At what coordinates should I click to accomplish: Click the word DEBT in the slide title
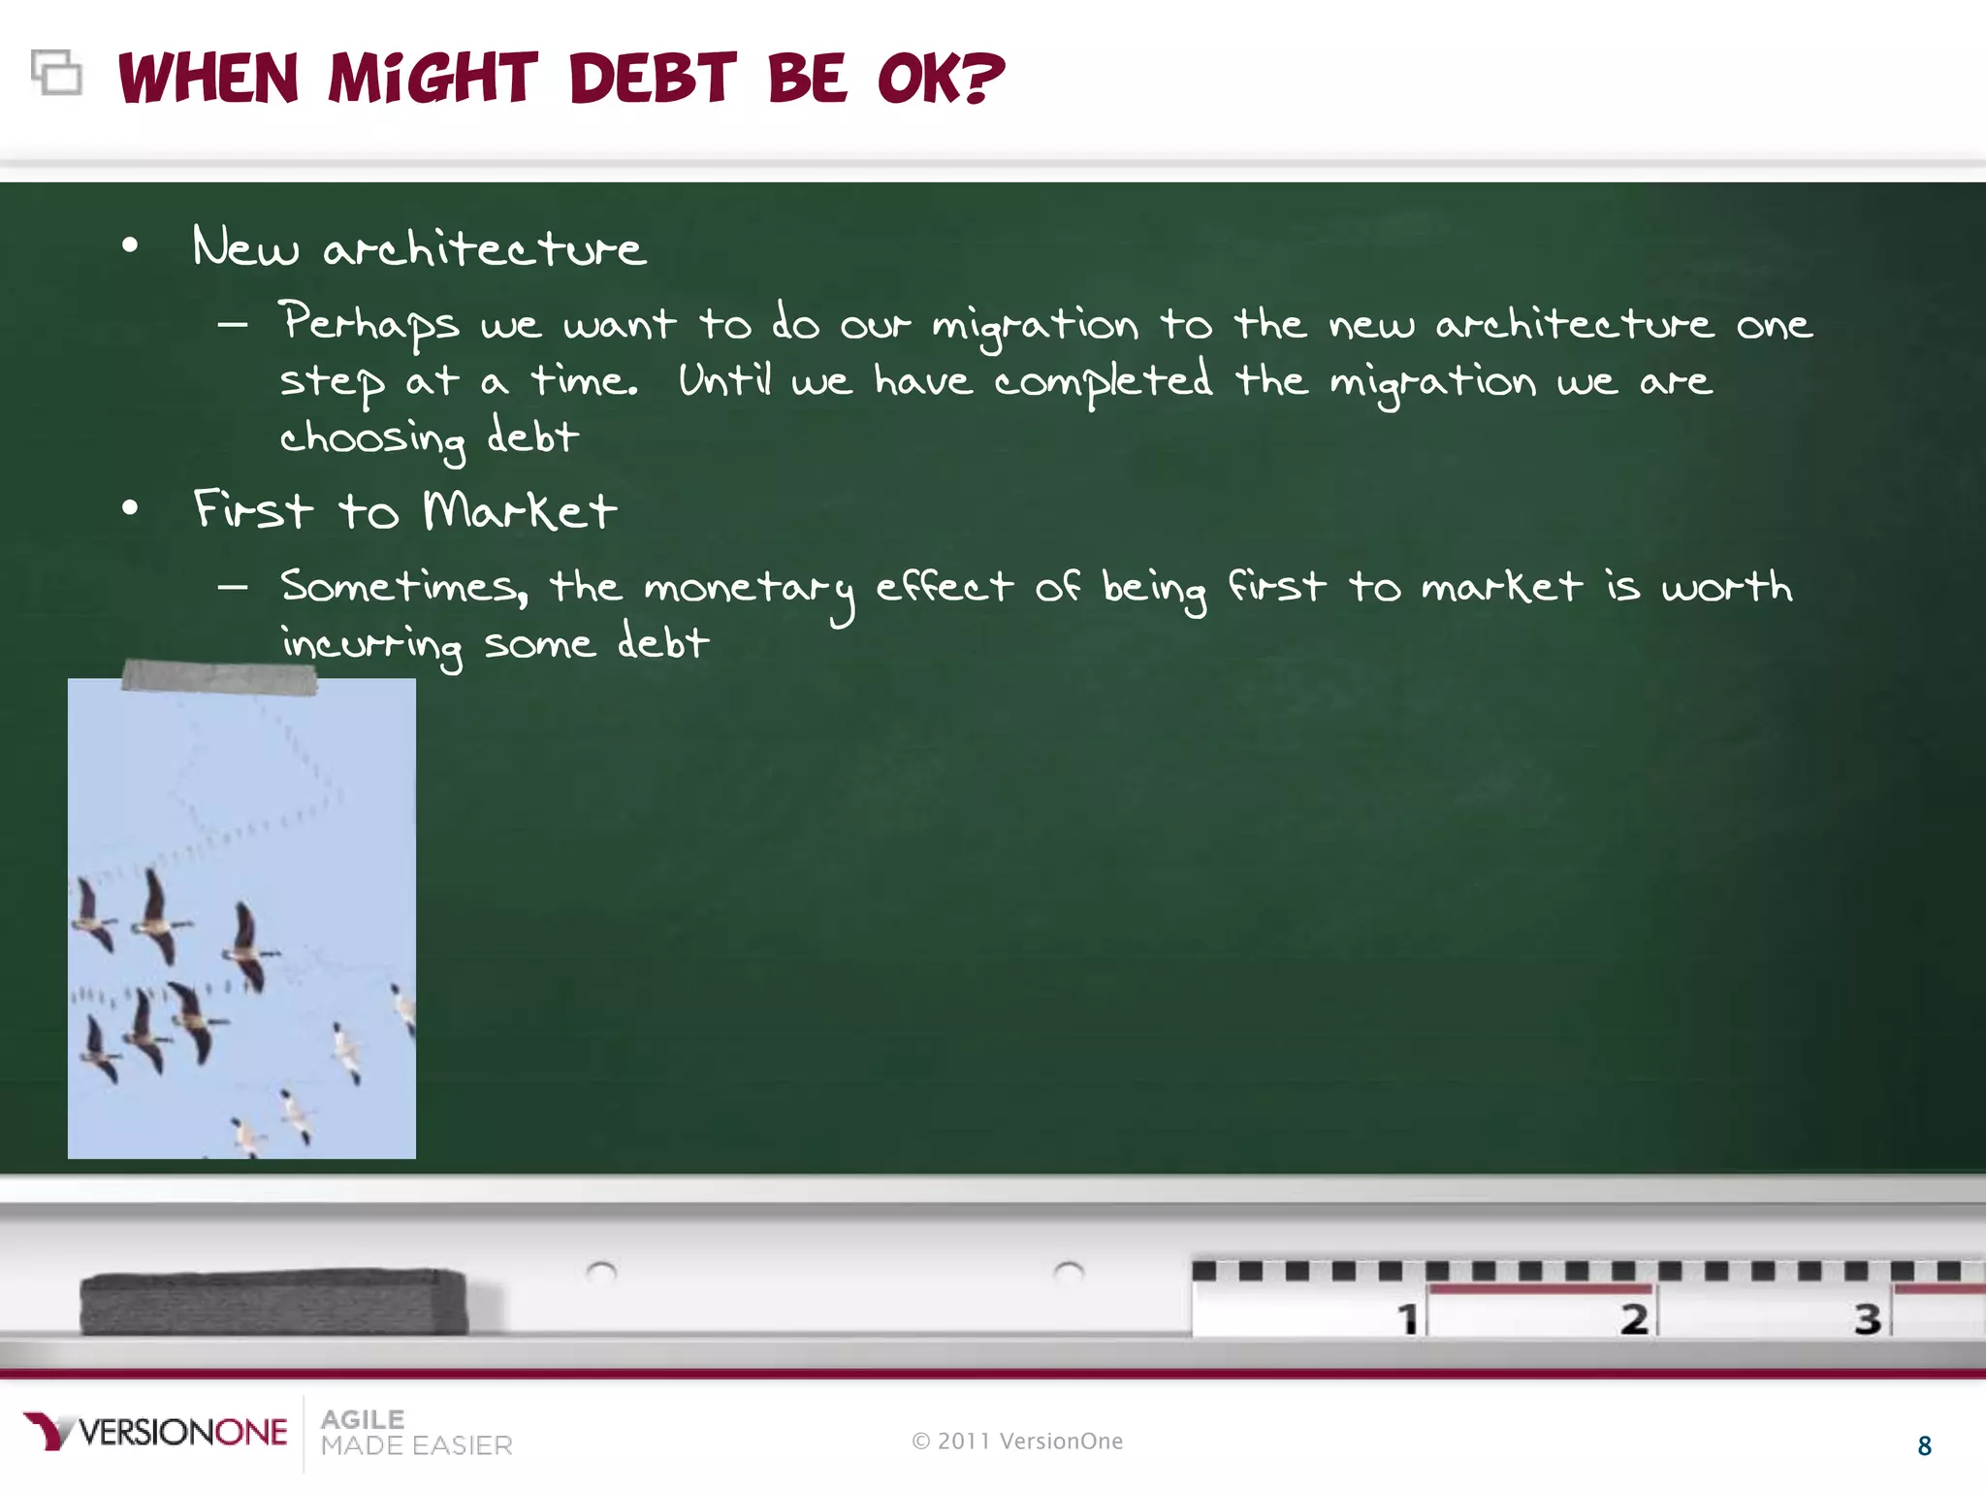pos(653,79)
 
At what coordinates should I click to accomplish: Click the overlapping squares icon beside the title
pos(56,73)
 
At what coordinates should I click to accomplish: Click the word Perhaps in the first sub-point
pos(368,324)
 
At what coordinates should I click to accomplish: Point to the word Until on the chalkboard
pos(724,379)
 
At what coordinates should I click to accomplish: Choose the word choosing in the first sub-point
pos(373,438)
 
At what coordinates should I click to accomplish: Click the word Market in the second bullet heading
pos(520,509)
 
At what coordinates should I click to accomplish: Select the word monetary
pos(750,589)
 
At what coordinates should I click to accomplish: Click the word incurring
pos(372,644)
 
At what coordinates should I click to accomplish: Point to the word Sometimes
pos(403,586)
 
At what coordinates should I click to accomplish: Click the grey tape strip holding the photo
pos(219,676)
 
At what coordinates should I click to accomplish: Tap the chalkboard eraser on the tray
pos(273,1302)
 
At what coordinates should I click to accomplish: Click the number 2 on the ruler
pos(1634,1318)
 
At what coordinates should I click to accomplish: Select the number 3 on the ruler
pos(1868,1318)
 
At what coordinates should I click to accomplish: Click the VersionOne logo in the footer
pos(156,1432)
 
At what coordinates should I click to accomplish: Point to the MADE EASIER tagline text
pos(417,1445)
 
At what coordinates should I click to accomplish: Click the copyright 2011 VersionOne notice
pos(1017,1441)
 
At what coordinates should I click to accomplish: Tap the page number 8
pos(1925,1446)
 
